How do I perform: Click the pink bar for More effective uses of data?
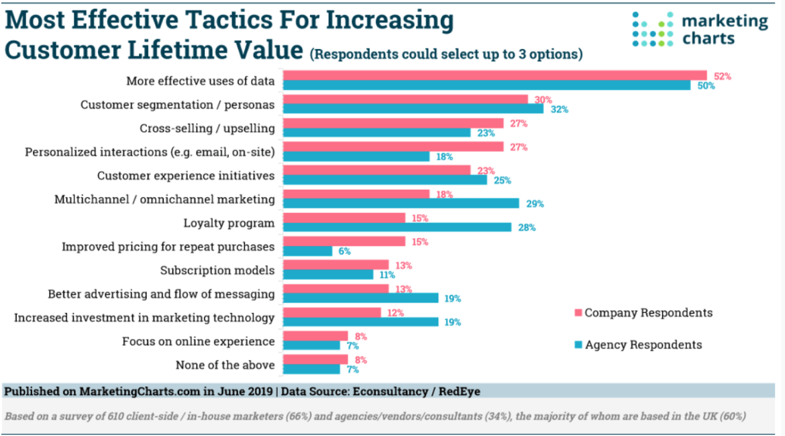click(x=494, y=75)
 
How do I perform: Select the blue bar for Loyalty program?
click(x=397, y=227)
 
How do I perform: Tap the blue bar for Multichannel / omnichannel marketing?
click(x=401, y=204)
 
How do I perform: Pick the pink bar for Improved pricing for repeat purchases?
click(x=344, y=241)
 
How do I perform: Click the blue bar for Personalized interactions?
click(x=356, y=157)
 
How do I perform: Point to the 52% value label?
click(x=722, y=77)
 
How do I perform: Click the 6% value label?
click(x=344, y=251)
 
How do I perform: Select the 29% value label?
click(x=535, y=204)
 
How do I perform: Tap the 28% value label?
click(x=527, y=228)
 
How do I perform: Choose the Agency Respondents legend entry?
click(x=643, y=345)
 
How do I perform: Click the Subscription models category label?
click(x=217, y=270)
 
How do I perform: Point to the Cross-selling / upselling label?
click(x=207, y=128)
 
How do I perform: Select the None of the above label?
click(x=225, y=365)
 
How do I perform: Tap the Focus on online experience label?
click(x=198, y=341)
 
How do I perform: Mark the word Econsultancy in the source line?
click(x=386, y=390)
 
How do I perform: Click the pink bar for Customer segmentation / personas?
click(x=405, y=99)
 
